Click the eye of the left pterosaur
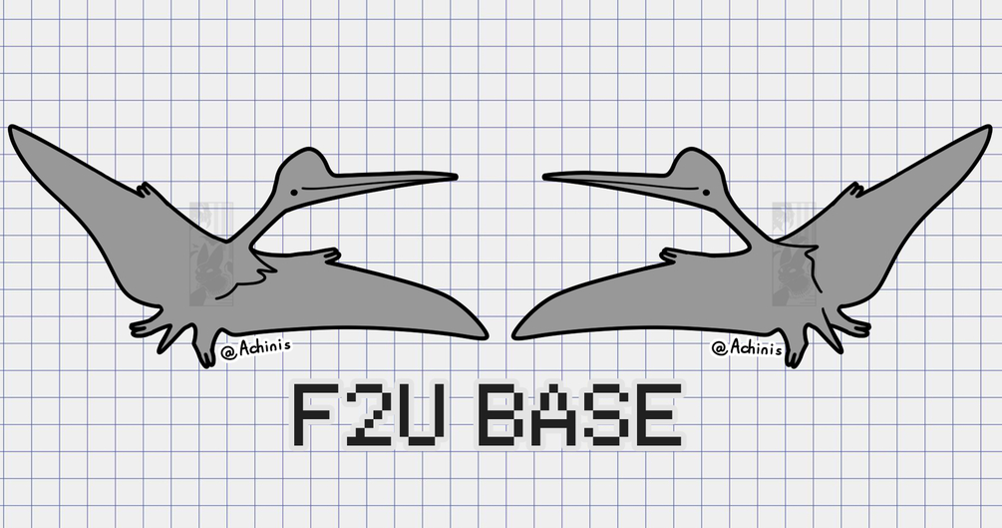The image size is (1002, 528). [x=294, y=192]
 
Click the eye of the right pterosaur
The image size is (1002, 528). [x=706, y=192]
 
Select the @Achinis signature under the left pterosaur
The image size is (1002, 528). [x=255, y=348]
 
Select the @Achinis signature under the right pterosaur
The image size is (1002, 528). [x=747, y=348]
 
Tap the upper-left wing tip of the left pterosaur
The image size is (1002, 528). [x=13, y=130]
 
